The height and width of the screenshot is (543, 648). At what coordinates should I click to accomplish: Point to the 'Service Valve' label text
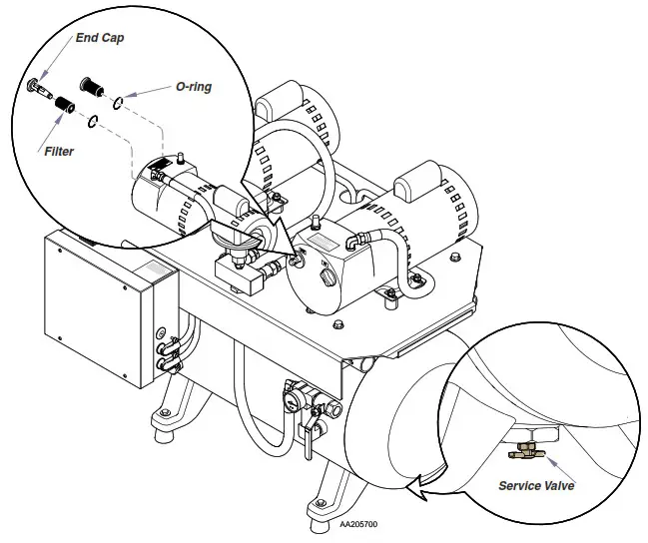coord(537,486)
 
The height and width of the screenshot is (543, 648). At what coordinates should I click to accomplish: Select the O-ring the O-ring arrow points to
coord(118,100)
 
